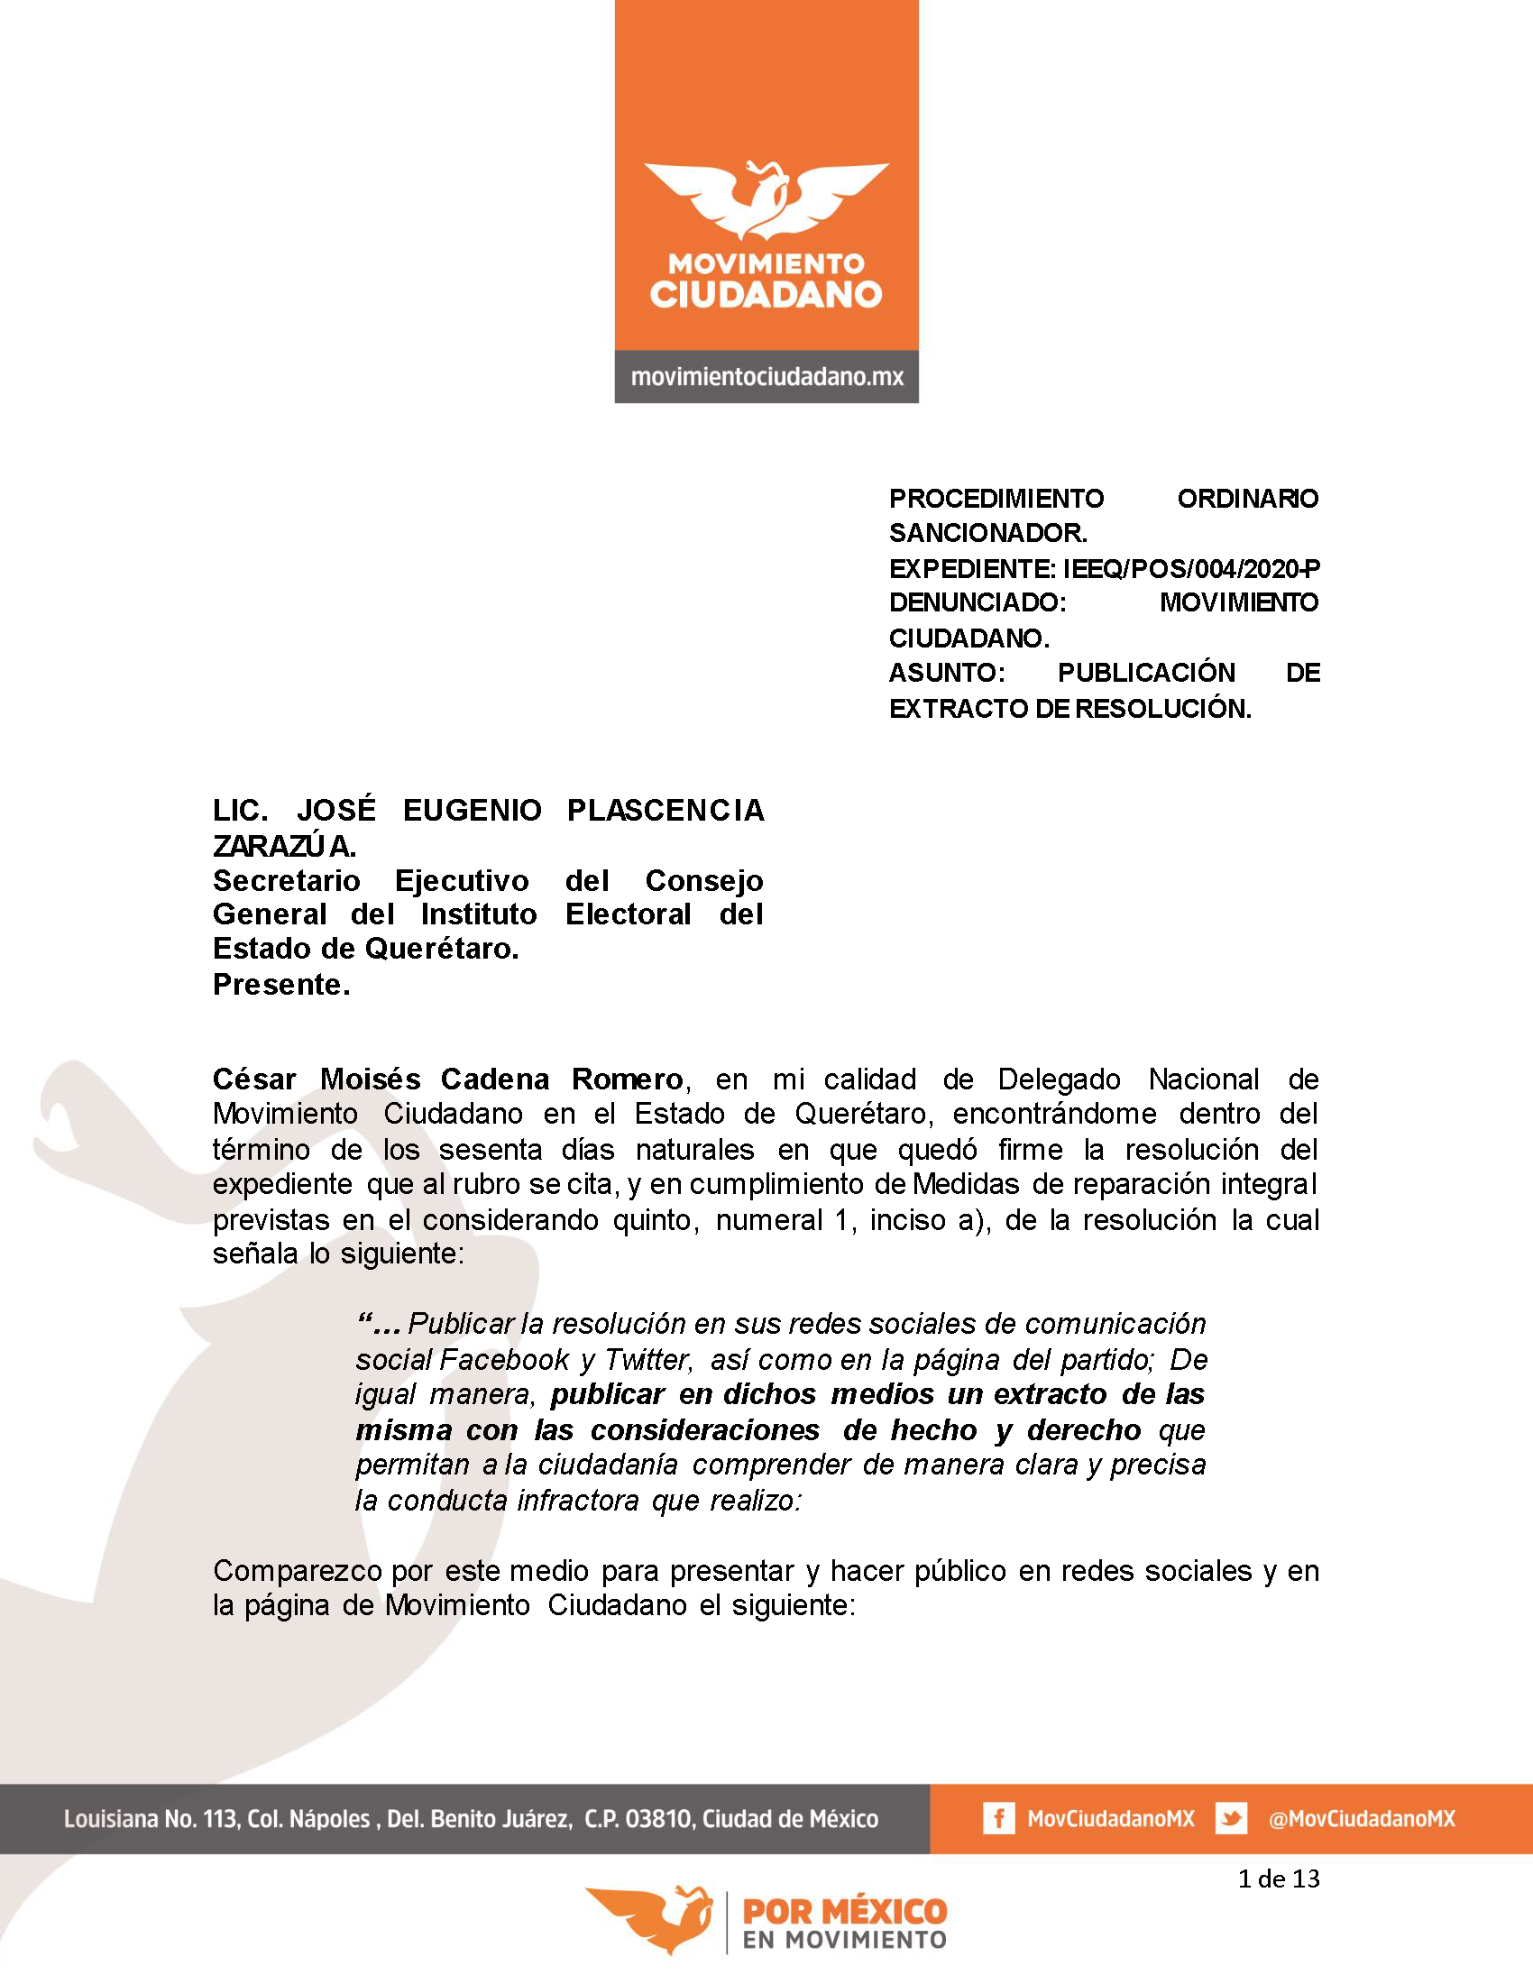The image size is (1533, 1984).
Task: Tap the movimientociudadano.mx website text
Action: point(766,377)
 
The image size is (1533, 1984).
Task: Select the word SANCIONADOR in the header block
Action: point(987,533)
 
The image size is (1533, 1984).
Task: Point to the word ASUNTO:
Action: point(946,673)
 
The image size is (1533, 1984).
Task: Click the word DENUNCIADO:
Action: point(978,602)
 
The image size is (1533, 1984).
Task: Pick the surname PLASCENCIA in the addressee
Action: point(665,811)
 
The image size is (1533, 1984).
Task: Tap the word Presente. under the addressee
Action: point(281,985)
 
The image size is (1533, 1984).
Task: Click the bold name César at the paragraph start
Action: point(254,1079)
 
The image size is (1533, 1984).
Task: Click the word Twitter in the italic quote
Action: point(648,1360)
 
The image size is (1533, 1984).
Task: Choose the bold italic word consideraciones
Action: point(705,1430)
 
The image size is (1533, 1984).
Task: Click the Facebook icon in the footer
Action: point(998,1819)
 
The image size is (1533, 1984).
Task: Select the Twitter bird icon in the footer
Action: point(1231,1819)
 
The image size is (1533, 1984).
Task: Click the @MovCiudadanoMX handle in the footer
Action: point(1362,1819)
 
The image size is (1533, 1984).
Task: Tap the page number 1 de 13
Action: point(1278,1878)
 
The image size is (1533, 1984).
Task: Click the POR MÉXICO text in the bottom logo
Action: point(845,1912)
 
